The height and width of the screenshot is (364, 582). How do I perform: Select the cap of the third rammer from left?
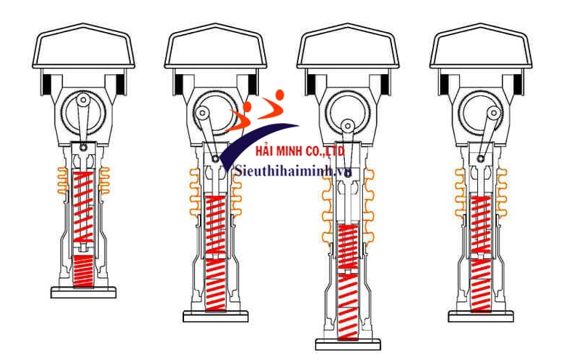tap(347, 51)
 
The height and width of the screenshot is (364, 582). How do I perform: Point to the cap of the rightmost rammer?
tap(479, 51)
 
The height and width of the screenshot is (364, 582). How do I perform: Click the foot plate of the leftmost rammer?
tap(83, 293)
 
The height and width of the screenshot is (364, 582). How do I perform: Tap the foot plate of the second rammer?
tap(215, 317)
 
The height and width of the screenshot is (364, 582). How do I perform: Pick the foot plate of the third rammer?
tap(348, 343)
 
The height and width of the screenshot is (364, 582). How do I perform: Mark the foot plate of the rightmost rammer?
tap(481, 317)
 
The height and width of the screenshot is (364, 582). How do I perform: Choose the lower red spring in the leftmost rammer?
tap(85, 271)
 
